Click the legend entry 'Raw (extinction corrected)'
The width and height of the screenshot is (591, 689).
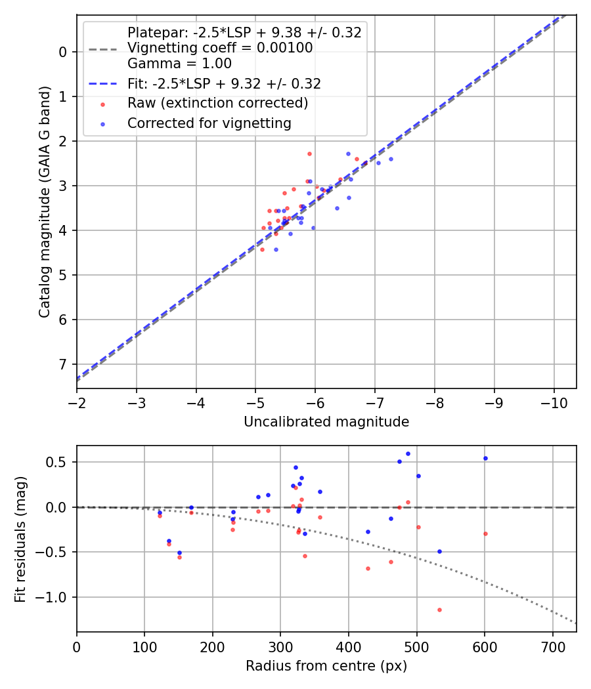coord(217,104)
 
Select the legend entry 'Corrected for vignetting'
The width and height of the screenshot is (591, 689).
coord(209,123)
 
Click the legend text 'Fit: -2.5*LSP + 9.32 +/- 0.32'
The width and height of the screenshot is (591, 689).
coord(224,84)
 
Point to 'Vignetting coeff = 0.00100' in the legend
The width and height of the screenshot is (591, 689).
coord(220,48)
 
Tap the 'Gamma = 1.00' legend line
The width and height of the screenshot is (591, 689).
coord(179,64)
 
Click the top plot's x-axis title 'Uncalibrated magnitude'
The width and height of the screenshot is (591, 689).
coord(326,422)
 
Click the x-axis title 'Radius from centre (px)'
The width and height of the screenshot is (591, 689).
coord(326,666)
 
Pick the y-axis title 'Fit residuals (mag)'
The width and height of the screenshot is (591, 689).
coord(20,539)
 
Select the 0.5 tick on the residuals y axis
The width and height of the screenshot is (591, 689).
coord(60,462)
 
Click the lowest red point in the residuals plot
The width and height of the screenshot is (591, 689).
coord(439,610)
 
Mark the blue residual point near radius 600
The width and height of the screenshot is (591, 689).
coord(485,458)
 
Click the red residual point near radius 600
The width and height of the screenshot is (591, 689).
coord(485,533)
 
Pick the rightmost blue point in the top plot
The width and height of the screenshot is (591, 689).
coord(391,159)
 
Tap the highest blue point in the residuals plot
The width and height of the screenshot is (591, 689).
coord(408,453)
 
